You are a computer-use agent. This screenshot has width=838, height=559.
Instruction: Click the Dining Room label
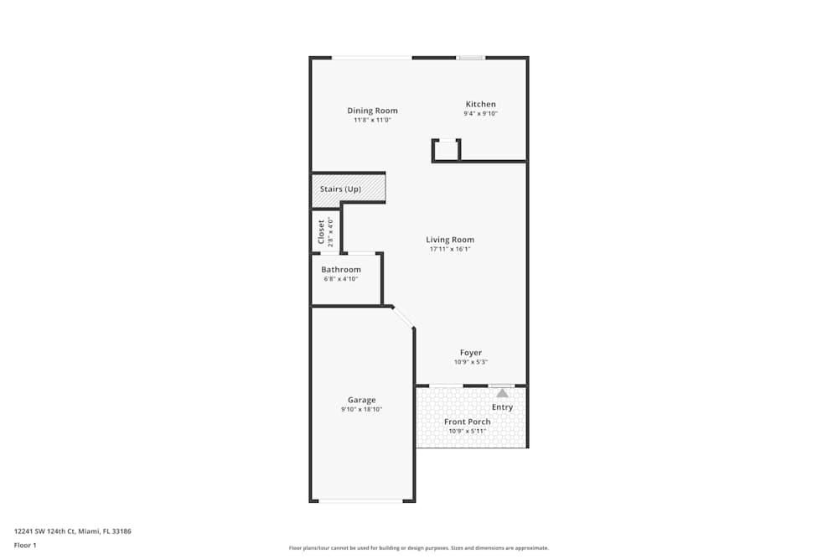[372, 111]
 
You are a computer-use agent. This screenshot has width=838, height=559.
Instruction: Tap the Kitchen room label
[480, 104]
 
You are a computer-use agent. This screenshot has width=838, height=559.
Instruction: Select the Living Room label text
[452, 240]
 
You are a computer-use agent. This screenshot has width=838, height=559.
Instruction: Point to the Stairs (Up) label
[340, 189]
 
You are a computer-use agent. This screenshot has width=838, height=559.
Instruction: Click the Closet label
[321, 231]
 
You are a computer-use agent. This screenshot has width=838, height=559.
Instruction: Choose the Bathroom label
[341, 270]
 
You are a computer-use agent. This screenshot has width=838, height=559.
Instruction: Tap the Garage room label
[361, 400]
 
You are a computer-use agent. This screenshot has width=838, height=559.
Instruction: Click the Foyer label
[470, 353]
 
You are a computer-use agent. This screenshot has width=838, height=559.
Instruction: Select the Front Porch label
[467, 422]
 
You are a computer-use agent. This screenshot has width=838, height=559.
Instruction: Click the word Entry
[502, 407]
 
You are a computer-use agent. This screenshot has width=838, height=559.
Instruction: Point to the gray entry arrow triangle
[502, 392]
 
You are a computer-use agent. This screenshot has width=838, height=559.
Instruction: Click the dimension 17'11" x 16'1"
[452, 249]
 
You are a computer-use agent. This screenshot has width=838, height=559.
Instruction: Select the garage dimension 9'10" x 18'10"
[361, 410]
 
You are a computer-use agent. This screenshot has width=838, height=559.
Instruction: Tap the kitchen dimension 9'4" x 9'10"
[480, 114]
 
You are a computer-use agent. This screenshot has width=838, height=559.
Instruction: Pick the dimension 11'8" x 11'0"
[372, 121]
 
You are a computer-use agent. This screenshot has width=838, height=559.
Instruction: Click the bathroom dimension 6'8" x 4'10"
[341, 279]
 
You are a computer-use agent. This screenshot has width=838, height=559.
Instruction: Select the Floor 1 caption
[25, 545]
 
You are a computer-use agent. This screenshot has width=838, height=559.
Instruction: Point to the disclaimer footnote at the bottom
[418, 547]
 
